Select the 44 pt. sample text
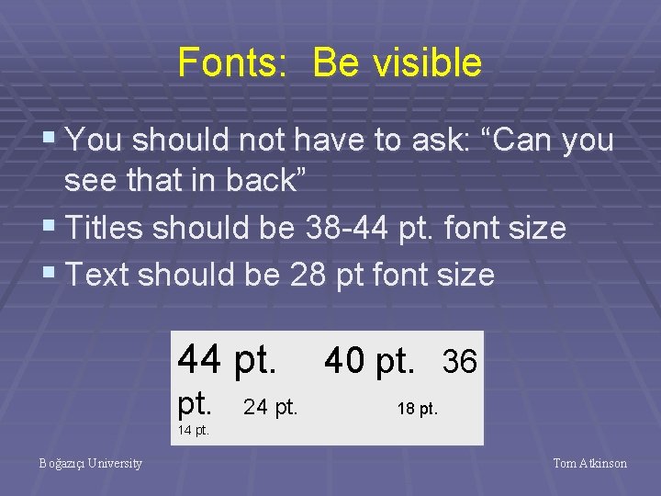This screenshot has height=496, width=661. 227,359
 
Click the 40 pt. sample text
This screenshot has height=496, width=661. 370,361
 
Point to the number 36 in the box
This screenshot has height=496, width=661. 460,363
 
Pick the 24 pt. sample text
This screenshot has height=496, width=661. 271,406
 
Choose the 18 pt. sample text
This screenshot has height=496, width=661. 418,409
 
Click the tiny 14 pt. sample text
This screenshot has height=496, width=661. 193,429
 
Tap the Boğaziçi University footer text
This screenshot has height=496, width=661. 91,464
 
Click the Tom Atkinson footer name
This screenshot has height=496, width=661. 590,464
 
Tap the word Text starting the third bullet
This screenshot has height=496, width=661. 96,274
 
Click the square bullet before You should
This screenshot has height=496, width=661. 50,141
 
